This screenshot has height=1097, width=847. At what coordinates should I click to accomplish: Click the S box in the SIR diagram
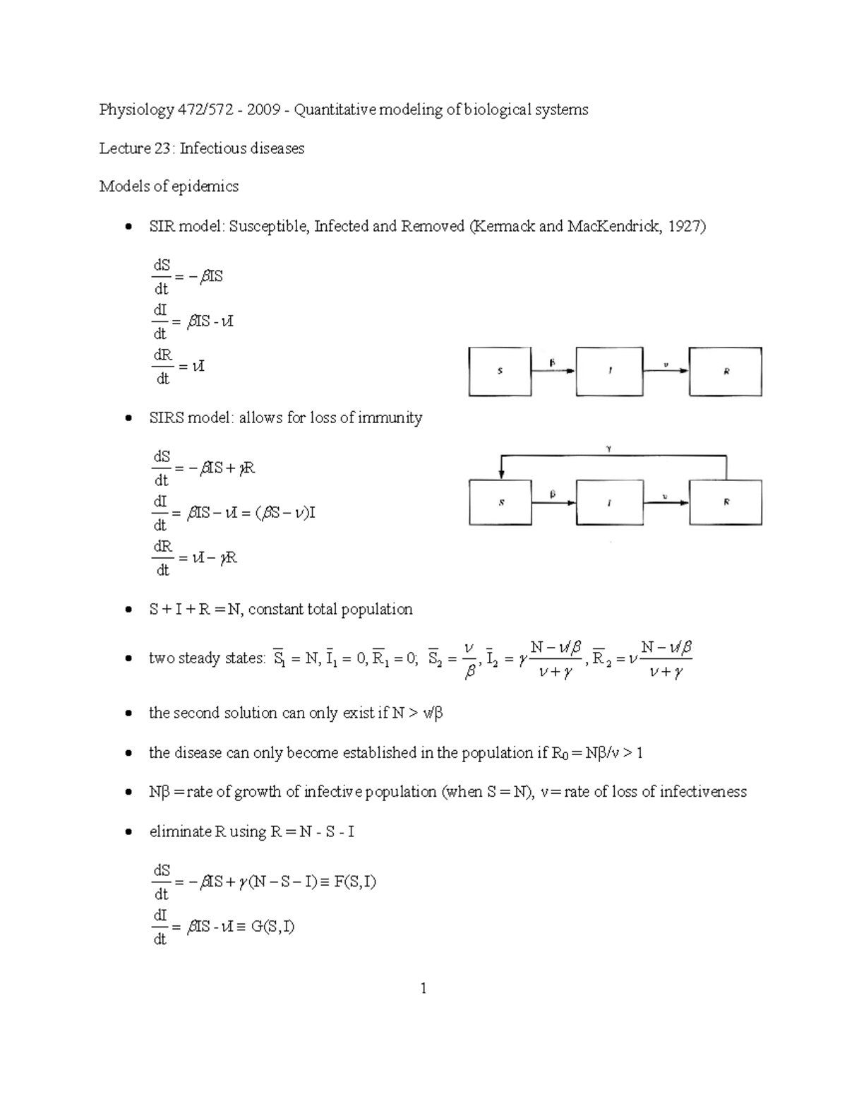(x=500, y=372)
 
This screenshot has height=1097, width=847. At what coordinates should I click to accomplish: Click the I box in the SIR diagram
(x=609, y=372)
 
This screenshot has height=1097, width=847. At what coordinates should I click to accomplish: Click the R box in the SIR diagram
(x=726, y=372)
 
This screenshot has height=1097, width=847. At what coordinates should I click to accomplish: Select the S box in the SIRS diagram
(x=500, y=502)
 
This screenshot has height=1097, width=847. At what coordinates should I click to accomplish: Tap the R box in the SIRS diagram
(x=726, y=502)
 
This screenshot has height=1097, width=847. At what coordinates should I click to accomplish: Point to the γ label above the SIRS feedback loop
(x=608, y=448)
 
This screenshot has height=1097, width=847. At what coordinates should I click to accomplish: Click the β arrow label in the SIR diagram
(x=553, y=362)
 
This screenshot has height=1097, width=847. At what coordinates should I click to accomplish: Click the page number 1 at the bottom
(x=423, y=988)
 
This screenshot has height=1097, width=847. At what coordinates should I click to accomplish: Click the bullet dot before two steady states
(x=128, y=659)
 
